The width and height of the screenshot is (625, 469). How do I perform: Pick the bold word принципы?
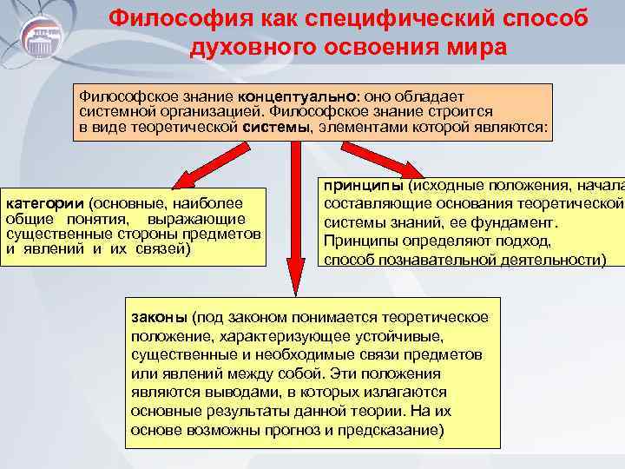(x=364, y=186)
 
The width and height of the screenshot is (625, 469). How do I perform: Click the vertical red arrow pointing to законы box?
(x=295, y=217)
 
